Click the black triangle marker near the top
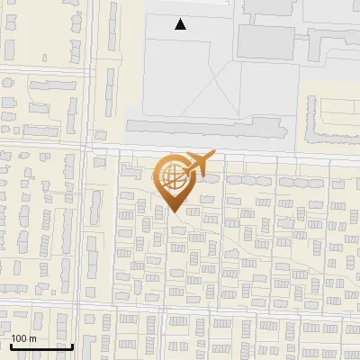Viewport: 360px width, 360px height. (x=181, y=24)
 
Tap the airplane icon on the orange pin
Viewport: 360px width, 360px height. (x=196, y=164)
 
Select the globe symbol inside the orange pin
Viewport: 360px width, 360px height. (x=171, y=176)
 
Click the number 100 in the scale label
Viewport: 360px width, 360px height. (x=19, y=338)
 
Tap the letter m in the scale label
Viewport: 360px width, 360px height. (x=33, y=338)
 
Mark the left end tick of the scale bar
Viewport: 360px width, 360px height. (x=10, y=346)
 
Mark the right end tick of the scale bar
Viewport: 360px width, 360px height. (x=73, y=346)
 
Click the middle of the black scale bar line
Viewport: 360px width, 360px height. (x=41, y=347)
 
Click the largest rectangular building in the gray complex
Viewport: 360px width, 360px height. (x=265, y=40)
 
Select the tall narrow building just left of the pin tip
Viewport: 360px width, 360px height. (x=160, y=210)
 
